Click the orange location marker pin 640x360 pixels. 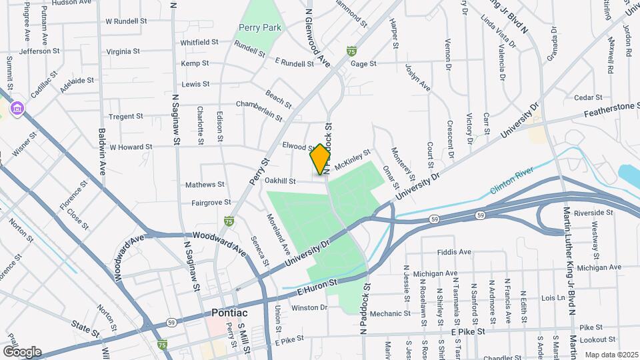pyautogui.click(x=320, y=159)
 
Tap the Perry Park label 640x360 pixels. pyautogui.click(x=260, y=28)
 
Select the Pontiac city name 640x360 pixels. pyautogui.click(x=229, y=313)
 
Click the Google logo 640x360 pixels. pyautogui.click(x=22, y=351)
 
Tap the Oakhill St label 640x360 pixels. pyautogui.click(x=279, y=181)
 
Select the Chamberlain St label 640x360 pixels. pyautogui.click(x=259, y=109)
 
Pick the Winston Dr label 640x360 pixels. pyautogui.click(x=310, y=307)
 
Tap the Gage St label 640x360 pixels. pyautogui.click(x=363, y=64)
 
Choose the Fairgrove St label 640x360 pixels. pyautogui.click(x=211, y=202)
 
